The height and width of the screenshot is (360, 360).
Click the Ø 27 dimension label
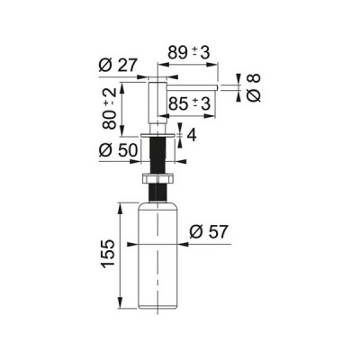click(x=118, y=65)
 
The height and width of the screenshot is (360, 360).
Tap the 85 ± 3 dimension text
click(x=189, y=104)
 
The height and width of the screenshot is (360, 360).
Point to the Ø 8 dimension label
click(x=254, y=87)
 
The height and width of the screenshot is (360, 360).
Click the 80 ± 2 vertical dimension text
click(x=110, y=109)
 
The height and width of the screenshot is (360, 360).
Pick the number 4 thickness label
click(x=192, y=136)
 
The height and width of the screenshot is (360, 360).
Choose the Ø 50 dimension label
click(x=118, y=149)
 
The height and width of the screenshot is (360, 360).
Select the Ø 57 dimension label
click(x=209, y=231)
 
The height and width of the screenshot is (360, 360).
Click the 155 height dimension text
click(x=108, y=254)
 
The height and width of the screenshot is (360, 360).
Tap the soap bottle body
click(x=157, y=256)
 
